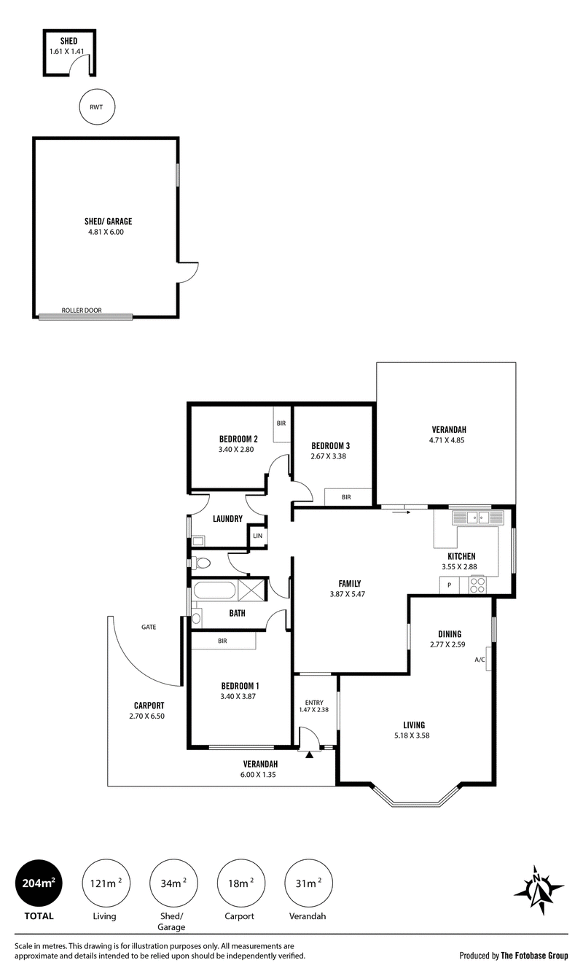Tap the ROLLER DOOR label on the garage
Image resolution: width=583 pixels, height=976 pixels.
point(82,311)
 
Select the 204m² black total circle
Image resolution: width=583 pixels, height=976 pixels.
point(39,883)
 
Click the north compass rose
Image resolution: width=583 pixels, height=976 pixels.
point(539,889)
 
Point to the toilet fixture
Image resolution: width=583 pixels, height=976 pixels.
point(201,563)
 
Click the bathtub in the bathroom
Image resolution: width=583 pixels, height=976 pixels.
point(214,590)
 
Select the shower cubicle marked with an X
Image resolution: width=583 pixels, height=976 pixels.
point(251,590)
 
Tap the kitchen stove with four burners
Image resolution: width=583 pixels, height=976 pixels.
point(477,585)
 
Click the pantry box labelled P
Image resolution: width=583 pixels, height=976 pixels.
point(449,585)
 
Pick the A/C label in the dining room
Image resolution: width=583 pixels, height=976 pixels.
point(480,660)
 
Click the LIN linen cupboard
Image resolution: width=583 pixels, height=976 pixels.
point(257,536)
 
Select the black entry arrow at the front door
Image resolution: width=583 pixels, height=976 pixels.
point(309,754)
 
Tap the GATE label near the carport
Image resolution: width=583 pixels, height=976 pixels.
point(149,627)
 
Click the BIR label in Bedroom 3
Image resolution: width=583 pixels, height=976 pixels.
point(346,496)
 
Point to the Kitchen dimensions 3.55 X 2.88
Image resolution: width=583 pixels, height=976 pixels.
point(459,567)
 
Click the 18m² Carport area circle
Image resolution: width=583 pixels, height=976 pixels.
point(241,883)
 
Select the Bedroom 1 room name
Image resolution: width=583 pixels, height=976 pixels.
point(240,686)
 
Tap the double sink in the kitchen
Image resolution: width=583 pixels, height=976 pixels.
point(478,518)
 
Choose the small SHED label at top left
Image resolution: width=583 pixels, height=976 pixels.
point(69,41)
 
